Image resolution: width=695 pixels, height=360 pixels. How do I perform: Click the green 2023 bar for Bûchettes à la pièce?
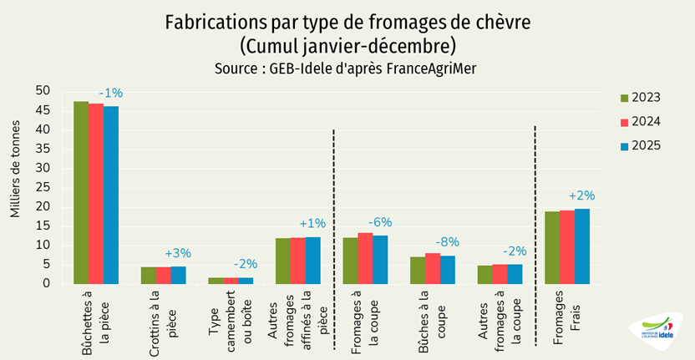[81, 193]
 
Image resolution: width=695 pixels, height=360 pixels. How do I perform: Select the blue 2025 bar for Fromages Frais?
[581, 246]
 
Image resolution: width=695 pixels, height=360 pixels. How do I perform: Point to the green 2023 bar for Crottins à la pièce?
[148, 276]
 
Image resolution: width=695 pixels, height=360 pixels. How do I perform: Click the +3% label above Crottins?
[178, 253]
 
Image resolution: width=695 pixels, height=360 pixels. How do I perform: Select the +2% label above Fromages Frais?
[581, 195]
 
